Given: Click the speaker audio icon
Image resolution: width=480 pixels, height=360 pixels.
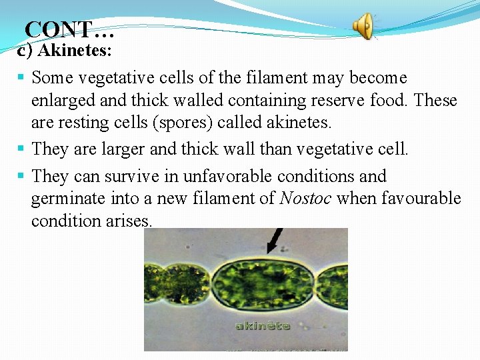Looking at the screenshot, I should (x=364, y=27).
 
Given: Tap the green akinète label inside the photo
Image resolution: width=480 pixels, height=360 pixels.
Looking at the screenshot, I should (x=262, y=325).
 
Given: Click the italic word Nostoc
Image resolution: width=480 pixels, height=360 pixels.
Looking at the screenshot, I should (x=306, y=199).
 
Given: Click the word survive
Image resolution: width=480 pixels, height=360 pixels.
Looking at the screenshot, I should (x=147, y=176).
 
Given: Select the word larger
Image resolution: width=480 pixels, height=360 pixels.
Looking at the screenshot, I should (x=125, y=149).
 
